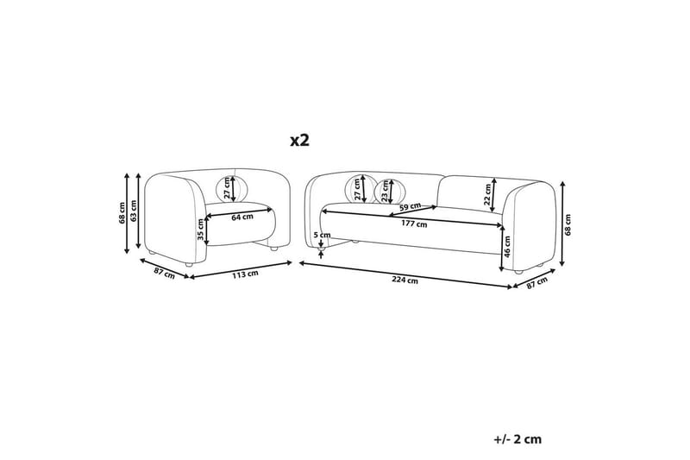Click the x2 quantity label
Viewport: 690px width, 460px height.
pos(298,140)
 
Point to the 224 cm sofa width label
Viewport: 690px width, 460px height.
pos(405,280)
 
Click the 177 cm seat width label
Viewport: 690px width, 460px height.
pos(415,224)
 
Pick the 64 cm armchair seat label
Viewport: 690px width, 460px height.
pos(241,217)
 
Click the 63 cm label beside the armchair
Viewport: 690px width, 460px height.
pos(135,211)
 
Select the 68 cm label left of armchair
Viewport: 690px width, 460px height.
pos(122,211)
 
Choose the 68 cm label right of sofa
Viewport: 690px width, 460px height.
pos(568,224)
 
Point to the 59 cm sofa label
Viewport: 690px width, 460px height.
pos(411,207)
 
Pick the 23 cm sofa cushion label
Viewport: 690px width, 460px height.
pos(386,188)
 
